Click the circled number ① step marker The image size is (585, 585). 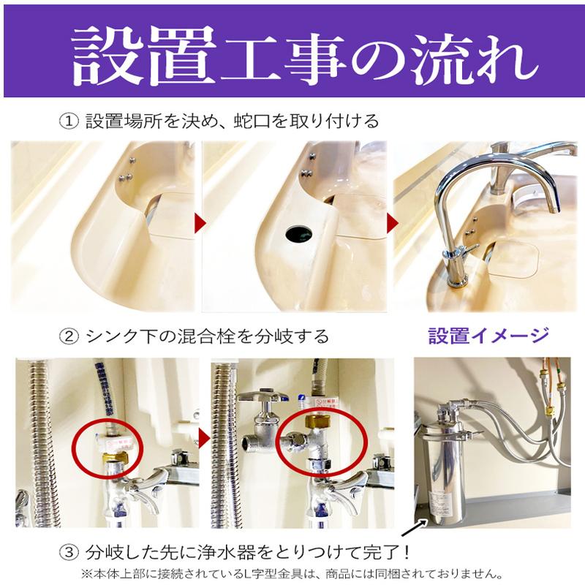click(x=68, y=120)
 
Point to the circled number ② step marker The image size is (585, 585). click(x=68, y=336)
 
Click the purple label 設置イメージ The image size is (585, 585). click(x=488, y=336)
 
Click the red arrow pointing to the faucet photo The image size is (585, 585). click(x=392, y=222)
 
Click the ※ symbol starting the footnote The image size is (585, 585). click(x=85, y=573)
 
